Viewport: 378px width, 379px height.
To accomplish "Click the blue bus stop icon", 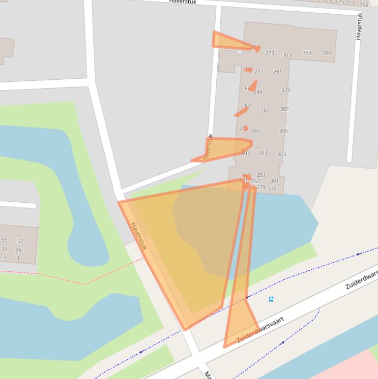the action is tap(271, 299).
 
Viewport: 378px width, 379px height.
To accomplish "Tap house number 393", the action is tap(327, 53).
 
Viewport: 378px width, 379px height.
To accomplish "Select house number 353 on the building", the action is tap(307, 53).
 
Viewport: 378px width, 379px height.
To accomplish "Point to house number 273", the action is tap(269, 53).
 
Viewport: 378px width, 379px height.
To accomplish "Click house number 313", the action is tap(287, 56).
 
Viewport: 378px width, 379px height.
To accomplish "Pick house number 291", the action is tap(277, 72).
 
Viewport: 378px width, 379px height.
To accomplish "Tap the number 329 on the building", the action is tap(286, 90).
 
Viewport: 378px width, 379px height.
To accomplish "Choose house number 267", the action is tap(264, 111).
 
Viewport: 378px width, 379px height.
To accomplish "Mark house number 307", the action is tap(284, 109).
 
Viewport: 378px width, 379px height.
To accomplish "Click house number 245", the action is tap(255, 131).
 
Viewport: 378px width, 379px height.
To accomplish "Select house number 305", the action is tap(283, 131).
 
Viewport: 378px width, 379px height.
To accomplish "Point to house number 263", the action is tap(263, 153).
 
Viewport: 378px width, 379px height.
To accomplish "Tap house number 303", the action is tap(281, 155).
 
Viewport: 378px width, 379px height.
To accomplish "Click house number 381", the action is tap(274, 181).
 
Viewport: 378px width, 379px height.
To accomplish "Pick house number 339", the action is tap(272, 189).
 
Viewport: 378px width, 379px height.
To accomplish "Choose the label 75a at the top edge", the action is tap(363, 4).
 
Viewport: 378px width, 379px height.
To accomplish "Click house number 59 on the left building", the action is tap(4, 240).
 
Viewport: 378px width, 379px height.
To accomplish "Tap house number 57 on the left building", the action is tap(20, 241).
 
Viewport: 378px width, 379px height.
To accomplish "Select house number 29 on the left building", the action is tap(18, 250).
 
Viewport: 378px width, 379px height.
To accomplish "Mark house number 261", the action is tap(261, 175).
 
